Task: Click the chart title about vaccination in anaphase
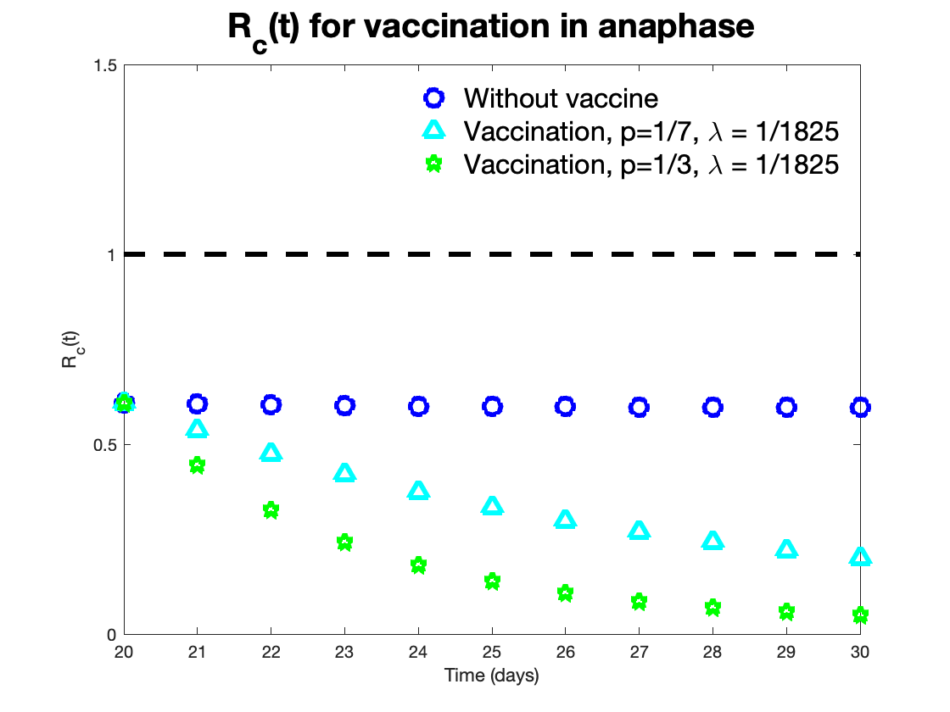(490, 28)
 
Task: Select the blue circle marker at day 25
(492, 406)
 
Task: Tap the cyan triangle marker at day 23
(344, 473)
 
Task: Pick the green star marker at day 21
(197, 464)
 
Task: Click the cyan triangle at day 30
(860, 557)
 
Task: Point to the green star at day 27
(639, 602)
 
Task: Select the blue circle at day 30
(860, 407)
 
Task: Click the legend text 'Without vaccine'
(561, 98)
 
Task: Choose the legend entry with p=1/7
(651, 131)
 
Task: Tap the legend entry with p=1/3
(651, 164)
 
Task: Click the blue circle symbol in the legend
(433, 98)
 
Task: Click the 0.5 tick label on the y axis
(104, 444)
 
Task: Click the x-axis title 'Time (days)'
(492, 676)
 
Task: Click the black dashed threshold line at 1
(492, 254)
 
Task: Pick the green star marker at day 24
(418, 565)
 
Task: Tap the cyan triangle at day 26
(565, 520)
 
